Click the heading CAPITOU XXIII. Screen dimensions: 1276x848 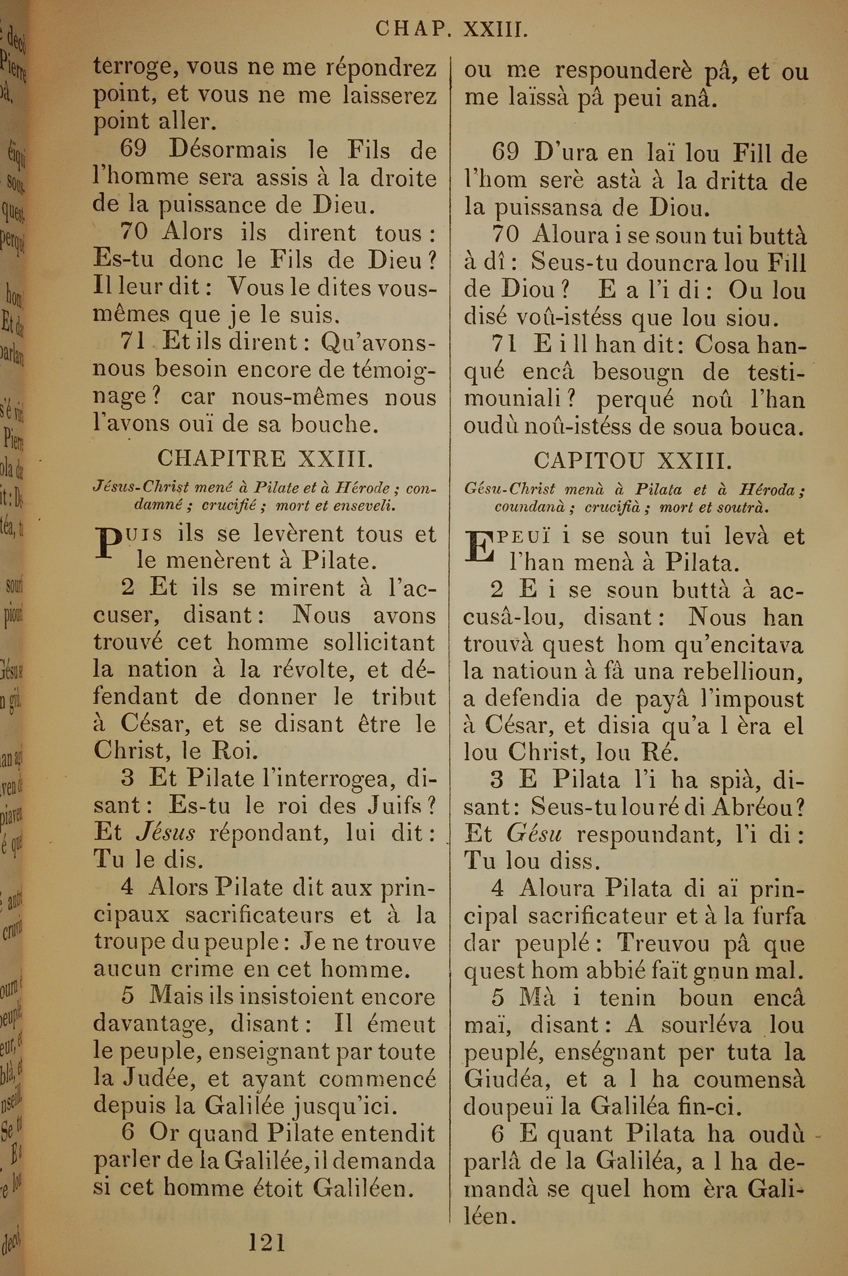click(x=633, y=461)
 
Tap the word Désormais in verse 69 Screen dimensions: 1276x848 click(x=228, y=150)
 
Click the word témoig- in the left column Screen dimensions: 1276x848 click(x=394, y=370)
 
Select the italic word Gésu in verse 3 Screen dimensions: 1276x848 click(x=534, y=835)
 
